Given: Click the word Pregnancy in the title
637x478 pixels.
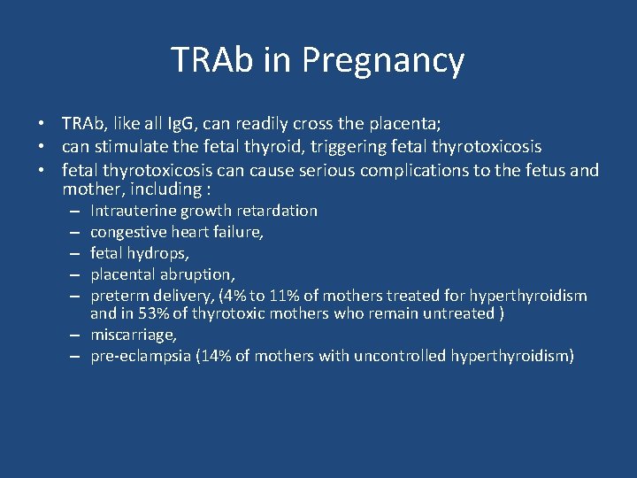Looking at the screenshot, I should click(x=382, y=60).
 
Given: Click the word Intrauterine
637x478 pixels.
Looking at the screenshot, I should click(x=134, y=211).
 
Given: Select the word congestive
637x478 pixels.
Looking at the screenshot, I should click(x=127, y=232).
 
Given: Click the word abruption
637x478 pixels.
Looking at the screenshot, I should click(x=196, y=274).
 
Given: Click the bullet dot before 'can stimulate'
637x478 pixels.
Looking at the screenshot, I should click(x=42, y=146).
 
